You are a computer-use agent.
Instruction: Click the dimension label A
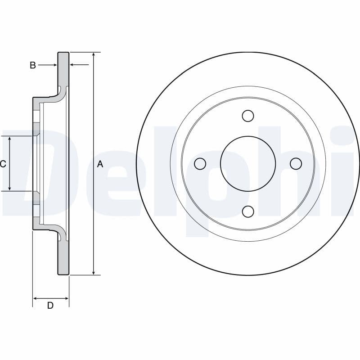[100, 164]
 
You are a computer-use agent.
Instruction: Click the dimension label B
[32, 65]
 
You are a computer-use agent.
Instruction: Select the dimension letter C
[3, 164]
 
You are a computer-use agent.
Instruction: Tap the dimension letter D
[50, 306]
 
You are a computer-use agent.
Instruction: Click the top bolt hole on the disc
[247, 116]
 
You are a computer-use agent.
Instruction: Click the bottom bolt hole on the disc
[247, 211]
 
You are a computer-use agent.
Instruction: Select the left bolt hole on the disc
[200, 164]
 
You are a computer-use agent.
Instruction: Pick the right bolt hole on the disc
[296, 164]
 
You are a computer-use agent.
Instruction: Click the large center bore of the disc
[247, 164]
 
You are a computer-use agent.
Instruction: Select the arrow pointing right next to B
[54, 65]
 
